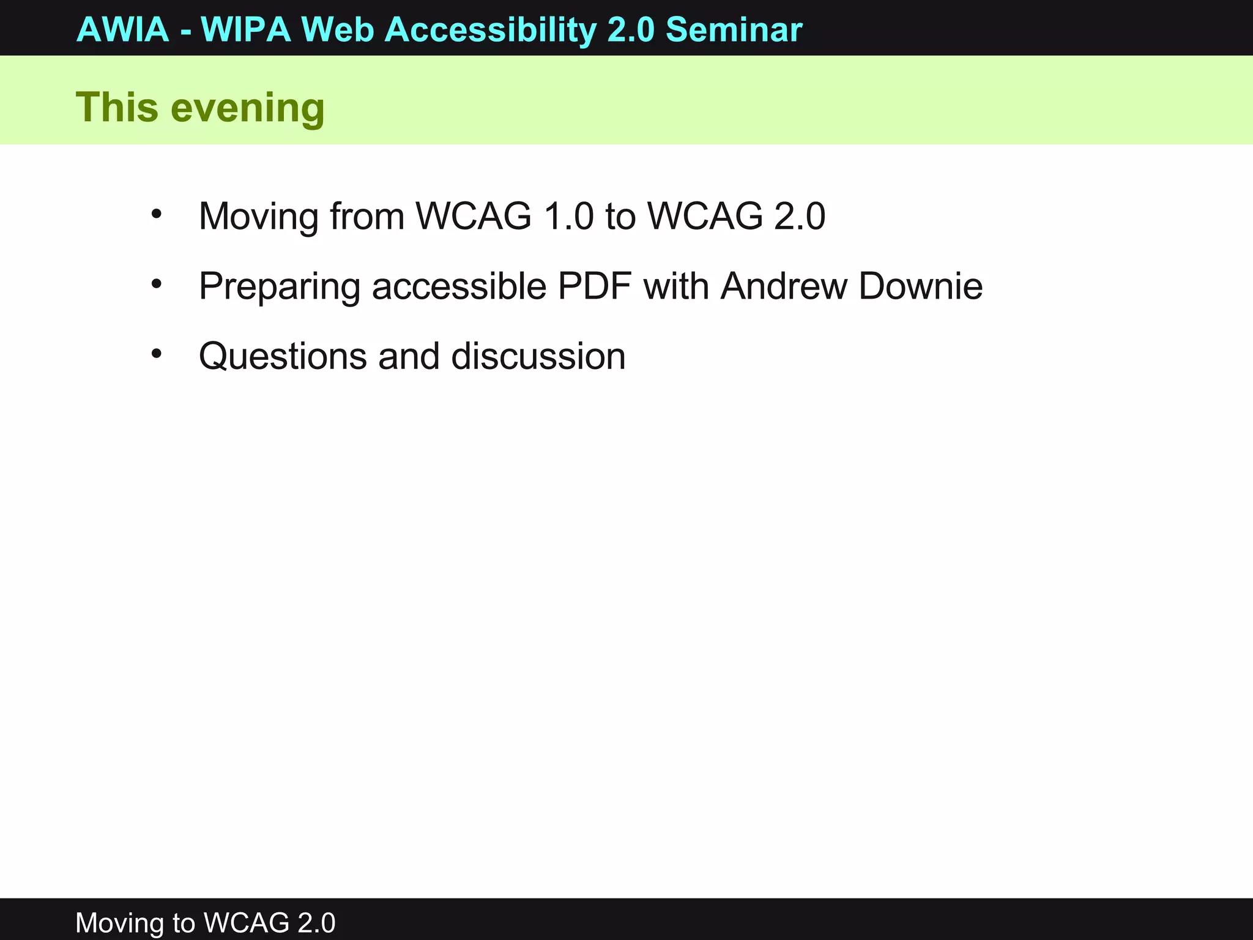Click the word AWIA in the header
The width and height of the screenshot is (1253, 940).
click(122, 29)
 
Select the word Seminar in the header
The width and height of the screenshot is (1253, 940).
click(734, 29)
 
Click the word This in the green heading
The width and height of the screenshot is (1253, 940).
click(117, 107)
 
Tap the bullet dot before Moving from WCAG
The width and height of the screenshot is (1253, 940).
click(157, 214)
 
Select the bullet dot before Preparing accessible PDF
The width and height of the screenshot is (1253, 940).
click(157, 284)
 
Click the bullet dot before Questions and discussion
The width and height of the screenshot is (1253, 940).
click(157, 354)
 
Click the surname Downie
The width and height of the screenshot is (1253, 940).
click(920, 286)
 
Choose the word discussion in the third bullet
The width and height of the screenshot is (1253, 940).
click(538, 356)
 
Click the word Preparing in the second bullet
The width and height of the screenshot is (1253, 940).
click(280, 287)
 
